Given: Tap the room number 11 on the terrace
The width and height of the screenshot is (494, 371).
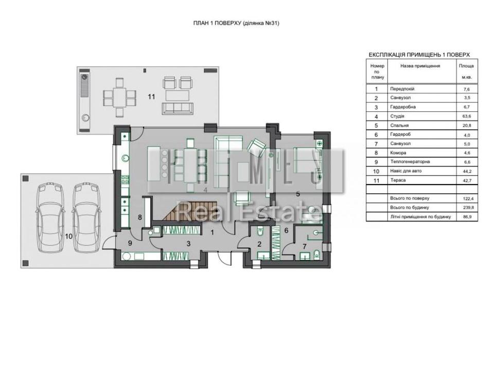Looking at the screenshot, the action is (x=151, y=96).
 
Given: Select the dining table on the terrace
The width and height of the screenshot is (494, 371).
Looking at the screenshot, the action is (x=120, y=98).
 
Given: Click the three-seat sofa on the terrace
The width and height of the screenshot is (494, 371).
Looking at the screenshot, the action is (x=178, y=108).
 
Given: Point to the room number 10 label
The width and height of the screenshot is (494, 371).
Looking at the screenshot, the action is (x=68, y=236).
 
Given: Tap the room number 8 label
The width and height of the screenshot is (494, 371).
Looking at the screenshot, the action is (x=140, y=217).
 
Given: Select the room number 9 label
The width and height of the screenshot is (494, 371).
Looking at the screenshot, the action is (x=130, y=243).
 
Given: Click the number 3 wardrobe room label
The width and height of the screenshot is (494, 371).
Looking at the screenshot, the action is (x=188, y=244).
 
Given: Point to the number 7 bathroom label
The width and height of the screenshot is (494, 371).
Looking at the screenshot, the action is (x=304, y=246).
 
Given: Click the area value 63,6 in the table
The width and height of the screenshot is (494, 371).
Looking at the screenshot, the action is (x=467, y=116).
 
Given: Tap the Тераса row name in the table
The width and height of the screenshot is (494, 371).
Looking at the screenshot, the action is (x=398, y=180).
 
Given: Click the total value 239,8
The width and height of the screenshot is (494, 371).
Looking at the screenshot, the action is (x=467, y=208).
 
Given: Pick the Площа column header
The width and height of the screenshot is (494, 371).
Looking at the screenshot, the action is (x=466, y=66).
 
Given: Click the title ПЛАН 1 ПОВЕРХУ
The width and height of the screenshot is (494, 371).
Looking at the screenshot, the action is (x=217, y=23).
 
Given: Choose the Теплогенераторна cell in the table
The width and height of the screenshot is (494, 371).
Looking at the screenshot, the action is (x=410, y=162).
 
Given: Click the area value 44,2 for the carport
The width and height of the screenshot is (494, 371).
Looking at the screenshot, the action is (x=467, y=171).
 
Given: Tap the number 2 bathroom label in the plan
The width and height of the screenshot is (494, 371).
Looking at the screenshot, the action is (x=259, y=244).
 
